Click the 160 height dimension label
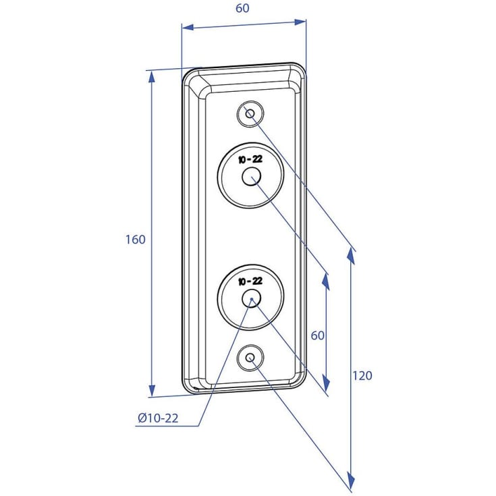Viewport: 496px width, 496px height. [136, 240]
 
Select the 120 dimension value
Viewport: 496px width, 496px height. [362, 376]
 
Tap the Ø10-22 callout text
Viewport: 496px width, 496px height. [158, 418]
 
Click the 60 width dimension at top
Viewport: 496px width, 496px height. [243, 8]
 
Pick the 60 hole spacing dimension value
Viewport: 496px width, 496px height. [318, 335]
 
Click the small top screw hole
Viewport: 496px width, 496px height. [250, 113]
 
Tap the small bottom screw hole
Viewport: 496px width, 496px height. [250, 358]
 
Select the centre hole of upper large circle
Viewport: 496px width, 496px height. [252, 176]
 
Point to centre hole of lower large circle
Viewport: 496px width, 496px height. [252, 299]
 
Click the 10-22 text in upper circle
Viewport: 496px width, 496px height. [250, 159]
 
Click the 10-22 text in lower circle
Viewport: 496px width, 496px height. [250, 281]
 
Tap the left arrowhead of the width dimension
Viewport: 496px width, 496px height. [188, 27]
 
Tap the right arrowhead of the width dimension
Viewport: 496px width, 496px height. [300, 22]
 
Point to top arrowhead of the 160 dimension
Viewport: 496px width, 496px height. [152, 77]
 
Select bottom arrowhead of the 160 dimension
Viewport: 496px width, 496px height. [152, 391]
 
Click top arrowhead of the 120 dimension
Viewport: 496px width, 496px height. [350, 255]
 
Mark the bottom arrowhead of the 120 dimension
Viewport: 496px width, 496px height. [350, 482]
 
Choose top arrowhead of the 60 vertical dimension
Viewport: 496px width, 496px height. [325, 281]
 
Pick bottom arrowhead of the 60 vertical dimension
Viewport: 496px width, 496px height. [325, 384]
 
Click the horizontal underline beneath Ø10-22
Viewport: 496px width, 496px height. [167, 426]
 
